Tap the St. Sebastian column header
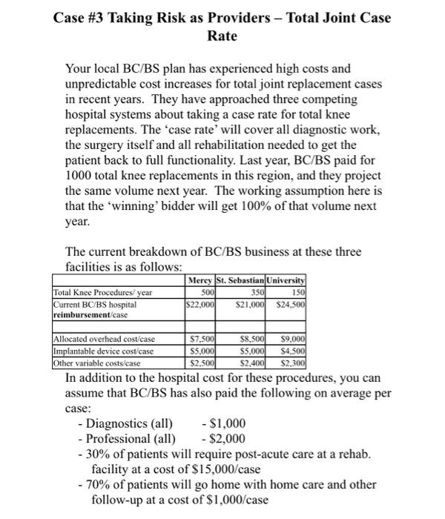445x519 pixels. coord(239,280)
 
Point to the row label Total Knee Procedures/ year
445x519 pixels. coord(99,292)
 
